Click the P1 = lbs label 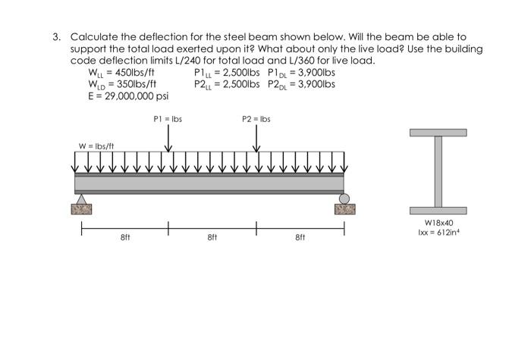tap(168, 119)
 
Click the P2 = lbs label tap(256, 119)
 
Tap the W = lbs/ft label tap(95, 145)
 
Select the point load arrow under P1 tap(168, 139)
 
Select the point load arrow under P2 tap(256, 139)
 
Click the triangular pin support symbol tap(81, 199)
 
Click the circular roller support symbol tap(344, 199)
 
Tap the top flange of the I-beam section tap(438, 133)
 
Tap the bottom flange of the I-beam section tap(438, 210)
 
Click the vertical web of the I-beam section tap(438, 171)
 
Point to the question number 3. tap(56, 36)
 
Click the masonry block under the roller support tap(344, 208)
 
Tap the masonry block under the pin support tap(81, 208)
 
